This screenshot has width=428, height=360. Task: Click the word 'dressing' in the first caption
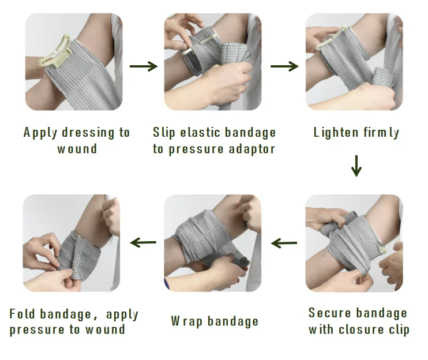(88, 133)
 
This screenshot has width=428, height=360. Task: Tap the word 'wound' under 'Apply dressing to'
(77, 149)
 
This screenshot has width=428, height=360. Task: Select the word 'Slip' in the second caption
(163, 133)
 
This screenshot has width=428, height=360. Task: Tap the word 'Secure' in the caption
(329, 313)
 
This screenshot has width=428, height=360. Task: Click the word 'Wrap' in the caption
(183, 321)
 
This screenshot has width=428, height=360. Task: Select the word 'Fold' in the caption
(21, 314)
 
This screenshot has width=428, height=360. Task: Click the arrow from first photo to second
(144, 66)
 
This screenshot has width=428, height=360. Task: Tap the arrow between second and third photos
(284, 66)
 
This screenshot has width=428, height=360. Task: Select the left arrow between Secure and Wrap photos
(284, 243)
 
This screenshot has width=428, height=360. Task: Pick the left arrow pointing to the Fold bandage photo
(144, 242)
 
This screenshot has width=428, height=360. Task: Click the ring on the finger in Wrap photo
(245, 206)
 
